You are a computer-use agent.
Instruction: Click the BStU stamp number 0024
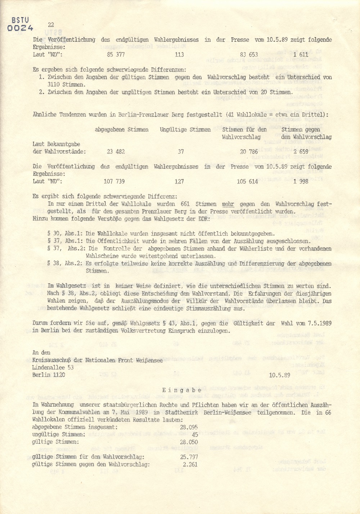tap(20, 28)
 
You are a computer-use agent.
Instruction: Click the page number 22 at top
tap(51, 24)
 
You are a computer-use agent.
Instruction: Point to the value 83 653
tap(249, 54)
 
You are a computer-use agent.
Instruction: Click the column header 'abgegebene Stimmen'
tap(122, 130)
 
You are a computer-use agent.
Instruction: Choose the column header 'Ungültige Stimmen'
tap(185, 130)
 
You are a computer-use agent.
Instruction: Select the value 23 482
tap(116, 152)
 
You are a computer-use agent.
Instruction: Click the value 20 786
tap(249, 152)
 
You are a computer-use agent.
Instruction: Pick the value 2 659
tap(301, 152)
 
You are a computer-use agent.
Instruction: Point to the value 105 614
tap(247, 181)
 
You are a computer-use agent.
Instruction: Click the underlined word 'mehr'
tap(228, 204)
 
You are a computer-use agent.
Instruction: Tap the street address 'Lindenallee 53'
tap(53, 368)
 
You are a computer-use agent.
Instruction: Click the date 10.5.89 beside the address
tap(280, 375)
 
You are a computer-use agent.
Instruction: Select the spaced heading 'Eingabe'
tap(182, 390)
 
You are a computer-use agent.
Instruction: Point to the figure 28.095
tap(189, 427)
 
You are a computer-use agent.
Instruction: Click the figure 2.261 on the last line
tap(190, 464)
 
